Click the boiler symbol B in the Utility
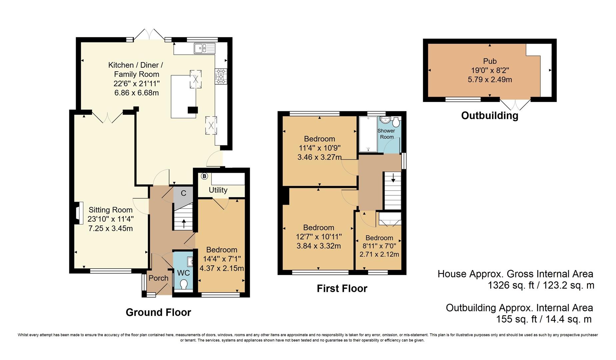[204, 176]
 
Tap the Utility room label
[218, 190]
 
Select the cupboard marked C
[183, 193]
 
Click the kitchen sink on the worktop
[204, 49]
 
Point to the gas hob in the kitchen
[221, 76]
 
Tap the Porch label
[158, 278]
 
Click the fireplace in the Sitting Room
[78, 213]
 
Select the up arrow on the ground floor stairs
[183, 223]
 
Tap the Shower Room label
[386, 134]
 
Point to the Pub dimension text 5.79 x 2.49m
[490, 80]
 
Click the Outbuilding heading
[489, 116]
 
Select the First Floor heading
[342, 288]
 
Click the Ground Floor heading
[158, 312]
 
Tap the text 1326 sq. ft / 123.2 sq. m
[541, 285]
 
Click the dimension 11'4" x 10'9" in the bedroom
[319, 148]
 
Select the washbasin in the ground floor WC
[190, 262]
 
